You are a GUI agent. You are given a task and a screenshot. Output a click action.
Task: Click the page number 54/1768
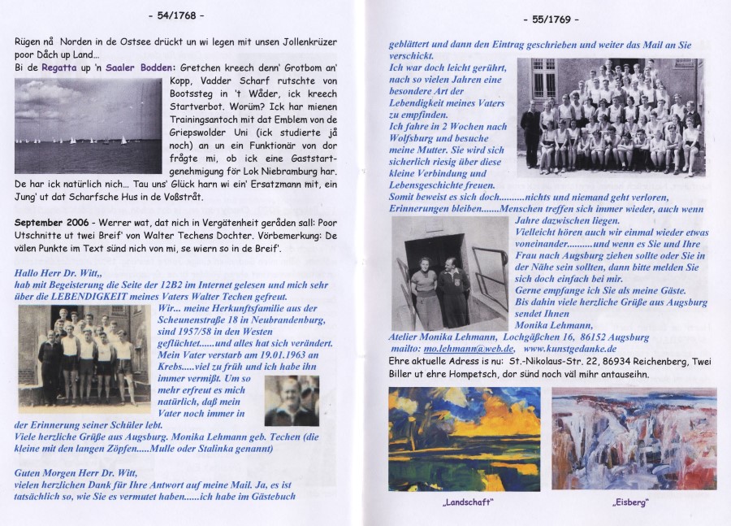(x=176, y=15)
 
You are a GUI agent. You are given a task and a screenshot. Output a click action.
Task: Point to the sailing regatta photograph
(x=88, y=126)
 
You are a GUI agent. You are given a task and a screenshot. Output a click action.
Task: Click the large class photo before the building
(x=610, y=117)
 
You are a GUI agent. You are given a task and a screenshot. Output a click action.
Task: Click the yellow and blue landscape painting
(x=464, y=439)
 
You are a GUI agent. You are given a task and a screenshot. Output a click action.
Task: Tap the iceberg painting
(x=634, y=439)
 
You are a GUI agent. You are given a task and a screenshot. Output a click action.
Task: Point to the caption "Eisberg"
(x=630, y=503)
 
